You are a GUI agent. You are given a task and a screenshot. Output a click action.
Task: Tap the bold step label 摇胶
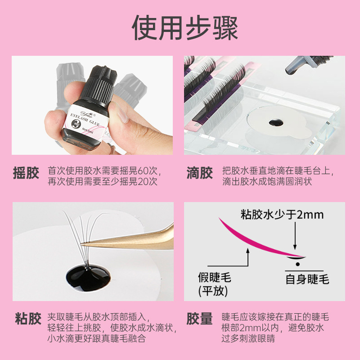pyautogui.click(x=26, y=174)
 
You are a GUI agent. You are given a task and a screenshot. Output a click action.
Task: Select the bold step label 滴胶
pyautogui.click(x=199, y=174)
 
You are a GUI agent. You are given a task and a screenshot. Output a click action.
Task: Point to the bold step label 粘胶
pyautogui.click(x=26, y=320)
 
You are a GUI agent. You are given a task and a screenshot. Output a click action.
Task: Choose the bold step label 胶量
pyautogui.click(x=199, y=320)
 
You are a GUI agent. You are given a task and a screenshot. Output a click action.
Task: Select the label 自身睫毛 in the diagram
pyautogui.click(x=307, y=279)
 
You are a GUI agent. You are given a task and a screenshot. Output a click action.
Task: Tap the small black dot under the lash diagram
pyautogui.click(x=297, y=263)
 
